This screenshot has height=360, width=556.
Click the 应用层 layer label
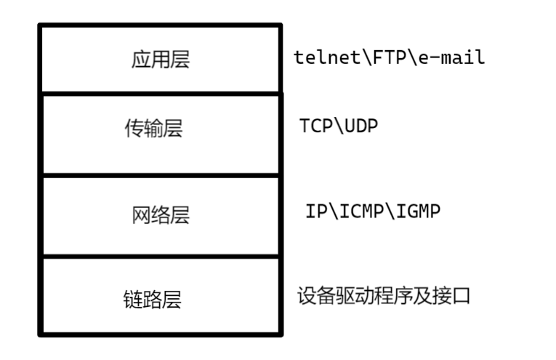pyautogui.click(x=160, y=60)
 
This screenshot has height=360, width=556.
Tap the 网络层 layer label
pyautogui.click(x=160, y=215)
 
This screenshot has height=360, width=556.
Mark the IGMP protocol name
pyautogui.click(x=421, y=211)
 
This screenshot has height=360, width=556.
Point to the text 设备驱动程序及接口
pyautogui.click(x=384, y=296)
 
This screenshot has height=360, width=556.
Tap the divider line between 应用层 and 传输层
pyautogui.click(x=160, y=93)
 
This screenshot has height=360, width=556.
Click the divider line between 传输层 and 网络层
pyautogui.click(x=160, y=175)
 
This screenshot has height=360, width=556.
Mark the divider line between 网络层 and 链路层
pyautogui.click(x=160, y=257)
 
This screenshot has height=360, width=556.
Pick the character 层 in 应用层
pyautogui.click(x=180, y=60)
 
